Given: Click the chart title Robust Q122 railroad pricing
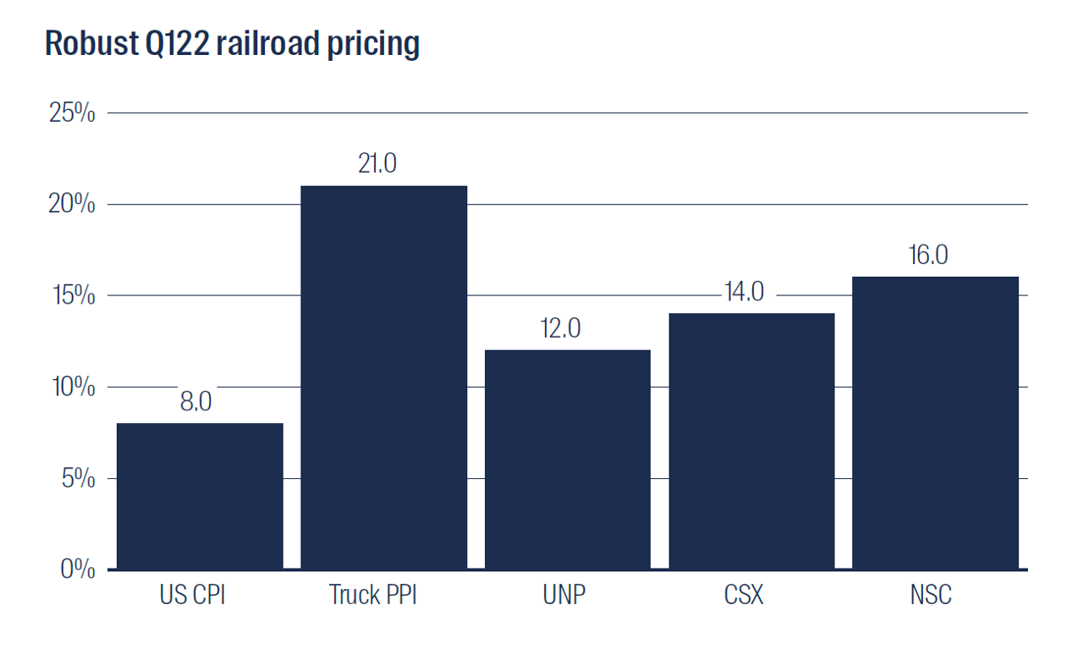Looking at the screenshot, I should click(x=232, y=43).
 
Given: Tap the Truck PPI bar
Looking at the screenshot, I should click(x=384, y=377).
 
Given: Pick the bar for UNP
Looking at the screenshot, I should click(x=568, y=459).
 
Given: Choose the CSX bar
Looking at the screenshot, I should click(x=751, y=441).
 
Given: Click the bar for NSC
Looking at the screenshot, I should click(x=935, y=423).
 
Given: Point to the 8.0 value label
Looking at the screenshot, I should click(x=195, y=401).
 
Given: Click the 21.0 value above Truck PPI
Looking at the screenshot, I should click(x=377, y=163).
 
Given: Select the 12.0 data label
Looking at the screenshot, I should click(x=560, y=328).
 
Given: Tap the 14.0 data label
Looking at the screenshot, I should click(x=744, y=292).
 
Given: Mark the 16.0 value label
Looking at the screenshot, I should click(x=928, y=255).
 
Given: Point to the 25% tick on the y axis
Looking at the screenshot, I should click(x=72, y=113).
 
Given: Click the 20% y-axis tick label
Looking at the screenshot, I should click(x=72, y=205).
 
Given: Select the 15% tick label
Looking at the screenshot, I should click(x=73, y=296).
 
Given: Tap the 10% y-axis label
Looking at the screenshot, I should click(x=73, y=388).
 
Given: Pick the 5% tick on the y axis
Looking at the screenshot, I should click(x=77, y=479).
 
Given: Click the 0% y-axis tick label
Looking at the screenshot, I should click(x=77, y=570).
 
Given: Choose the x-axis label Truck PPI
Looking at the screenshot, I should click(x=373, y=596).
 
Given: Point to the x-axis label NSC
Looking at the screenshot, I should click(x=931, y=596).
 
